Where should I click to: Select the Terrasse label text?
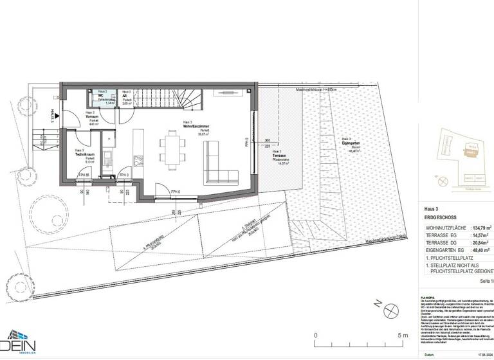click(x=278, y=156)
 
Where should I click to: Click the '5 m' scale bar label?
click(x=403, y=335)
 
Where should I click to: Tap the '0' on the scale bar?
click(x=315, y=335)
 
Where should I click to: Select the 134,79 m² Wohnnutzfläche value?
click(x=482, y=228)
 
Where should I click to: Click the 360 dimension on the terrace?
click(x=266, y=139)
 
